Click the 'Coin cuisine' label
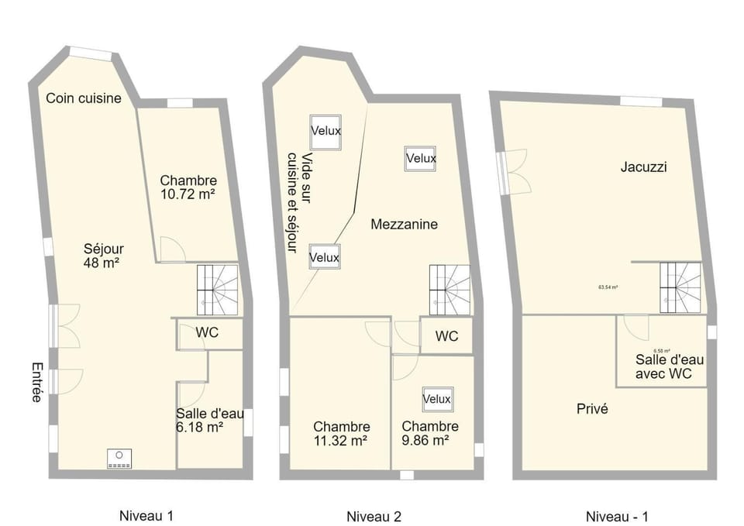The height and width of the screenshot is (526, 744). point(84,98)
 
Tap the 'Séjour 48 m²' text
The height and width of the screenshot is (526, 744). point(104,256)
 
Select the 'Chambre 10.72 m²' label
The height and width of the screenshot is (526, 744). point(188,187)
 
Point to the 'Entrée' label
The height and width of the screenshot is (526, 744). point(36,382)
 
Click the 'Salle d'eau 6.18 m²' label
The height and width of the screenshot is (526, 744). point(210,420)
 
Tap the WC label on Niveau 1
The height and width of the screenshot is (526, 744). point(207,333)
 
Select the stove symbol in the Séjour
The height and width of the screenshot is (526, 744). point(119,459)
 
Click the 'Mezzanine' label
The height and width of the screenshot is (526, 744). point(404,225)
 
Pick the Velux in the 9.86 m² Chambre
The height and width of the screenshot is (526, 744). point(437,399)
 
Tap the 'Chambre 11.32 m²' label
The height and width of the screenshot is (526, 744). point(342,433)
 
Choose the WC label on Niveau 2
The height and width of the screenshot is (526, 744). point(446,337)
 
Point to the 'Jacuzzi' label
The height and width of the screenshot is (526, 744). point(644,167)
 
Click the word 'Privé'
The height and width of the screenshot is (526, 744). point(592,409)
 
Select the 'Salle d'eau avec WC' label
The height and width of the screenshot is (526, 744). point(664,366)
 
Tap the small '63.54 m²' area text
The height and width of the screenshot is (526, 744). point(608,287)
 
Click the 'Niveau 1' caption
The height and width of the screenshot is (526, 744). point(146,515)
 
